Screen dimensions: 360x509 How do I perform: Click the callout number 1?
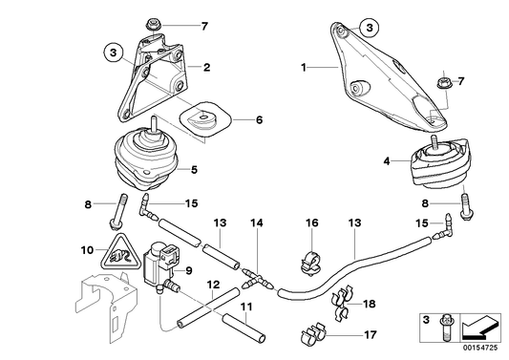304,68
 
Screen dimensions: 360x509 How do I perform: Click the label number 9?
189,270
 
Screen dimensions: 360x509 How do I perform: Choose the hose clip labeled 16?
310,256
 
